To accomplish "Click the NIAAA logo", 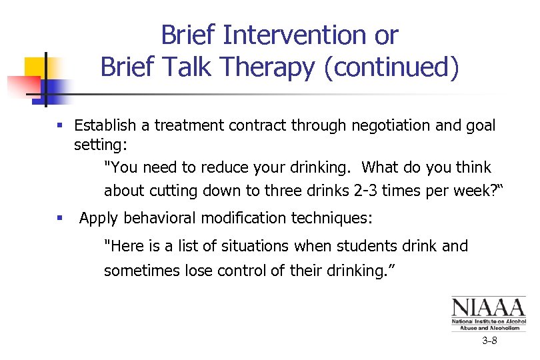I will coord(489,313).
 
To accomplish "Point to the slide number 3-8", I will coord(489,341).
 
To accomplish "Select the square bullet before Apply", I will coord(61,219).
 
